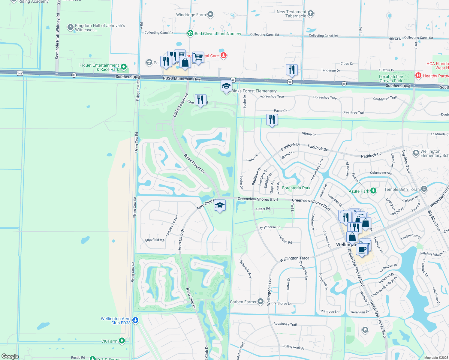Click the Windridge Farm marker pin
point(210,14)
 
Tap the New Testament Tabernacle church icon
point(311,13)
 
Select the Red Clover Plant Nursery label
point(218,34)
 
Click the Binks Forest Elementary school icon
point(226,86)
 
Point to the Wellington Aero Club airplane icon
point(135,320)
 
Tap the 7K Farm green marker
point(122,341)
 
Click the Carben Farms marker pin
point(261,301)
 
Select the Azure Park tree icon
point(373,190)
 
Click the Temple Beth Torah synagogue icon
point(424,189)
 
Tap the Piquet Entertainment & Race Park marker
point(124,67)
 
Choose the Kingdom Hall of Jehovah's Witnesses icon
point(71,28)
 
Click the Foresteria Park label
point(296,188)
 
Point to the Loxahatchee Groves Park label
point(391,79)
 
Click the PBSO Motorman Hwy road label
point(182,79)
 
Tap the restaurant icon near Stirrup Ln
point(272,120)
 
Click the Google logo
point(10,356)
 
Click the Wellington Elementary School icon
point(416,153)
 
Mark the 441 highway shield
point(20,73)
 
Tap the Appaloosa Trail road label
point(285,324)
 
